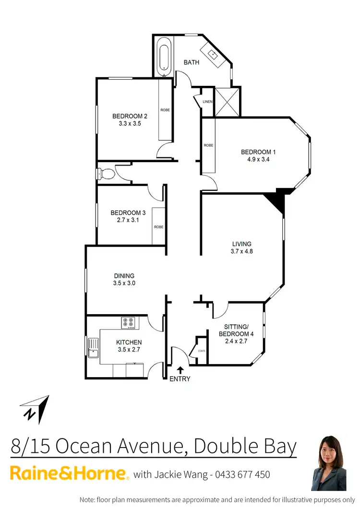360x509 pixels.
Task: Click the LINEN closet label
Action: tap(207, 102)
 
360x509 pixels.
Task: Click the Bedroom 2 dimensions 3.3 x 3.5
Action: tap(130, 123)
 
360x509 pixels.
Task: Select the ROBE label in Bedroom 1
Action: tap(208, 145)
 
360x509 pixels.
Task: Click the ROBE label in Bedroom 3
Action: tap(158, 227)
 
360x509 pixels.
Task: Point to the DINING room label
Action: tap(124, 275)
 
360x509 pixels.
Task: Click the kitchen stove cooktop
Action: tap(128, 323)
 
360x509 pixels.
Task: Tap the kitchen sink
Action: tap(93, 348)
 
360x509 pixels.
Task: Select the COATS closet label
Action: tap(202, 351)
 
